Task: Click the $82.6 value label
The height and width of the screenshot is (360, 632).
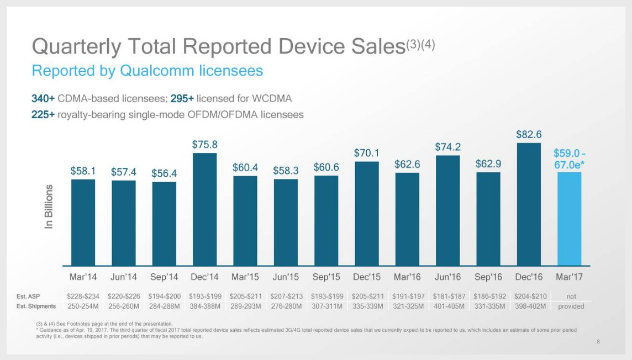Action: (529, 134)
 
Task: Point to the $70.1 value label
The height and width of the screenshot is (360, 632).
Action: (366, 152)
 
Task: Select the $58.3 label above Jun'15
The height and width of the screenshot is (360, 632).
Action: (286, 170)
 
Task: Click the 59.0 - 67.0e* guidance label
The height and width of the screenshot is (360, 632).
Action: (570, 158)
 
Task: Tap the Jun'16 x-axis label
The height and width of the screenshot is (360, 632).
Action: (447, 276)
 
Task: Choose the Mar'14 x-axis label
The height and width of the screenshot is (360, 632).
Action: (83, 276)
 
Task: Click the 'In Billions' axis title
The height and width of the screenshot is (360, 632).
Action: (50, 207)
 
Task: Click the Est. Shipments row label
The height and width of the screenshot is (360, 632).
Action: (36, 306)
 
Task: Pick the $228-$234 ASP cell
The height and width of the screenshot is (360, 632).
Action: (83, 297)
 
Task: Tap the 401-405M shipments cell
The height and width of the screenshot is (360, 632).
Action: (448, 306)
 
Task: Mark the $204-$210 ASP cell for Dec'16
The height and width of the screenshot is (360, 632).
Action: (529, 297)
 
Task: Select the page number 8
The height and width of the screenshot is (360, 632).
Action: (598, 342)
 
